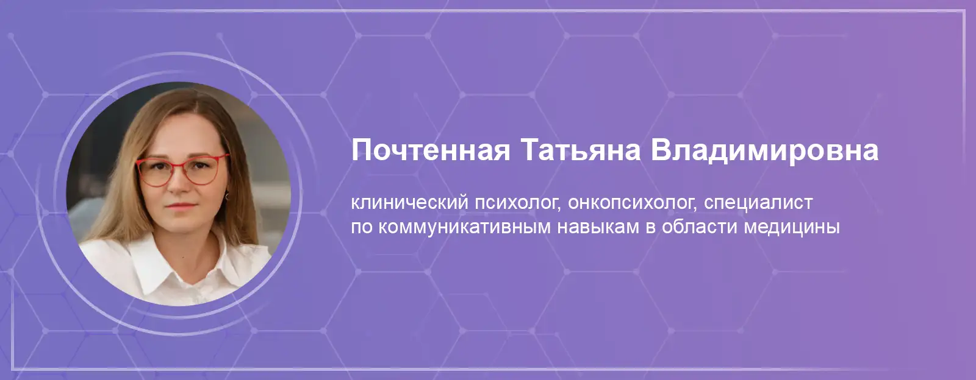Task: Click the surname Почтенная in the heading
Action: (431, 150)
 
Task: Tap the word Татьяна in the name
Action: (581, 150)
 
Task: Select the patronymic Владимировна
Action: (765, 150)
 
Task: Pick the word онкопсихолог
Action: (632, 203)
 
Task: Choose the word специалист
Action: (759, 203)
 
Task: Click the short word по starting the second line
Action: (362, 227)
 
